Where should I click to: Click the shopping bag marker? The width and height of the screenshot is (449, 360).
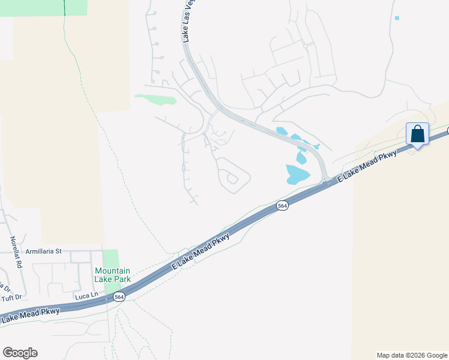(417, 134)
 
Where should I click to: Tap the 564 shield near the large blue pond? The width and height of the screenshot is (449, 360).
(282, 206)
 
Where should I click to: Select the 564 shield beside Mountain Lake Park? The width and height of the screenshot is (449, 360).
(119, 297)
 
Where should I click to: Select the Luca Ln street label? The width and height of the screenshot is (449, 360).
(86, 295)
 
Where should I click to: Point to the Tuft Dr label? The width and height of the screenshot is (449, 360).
(11, 297)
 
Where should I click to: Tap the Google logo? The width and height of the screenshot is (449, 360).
(20, 353)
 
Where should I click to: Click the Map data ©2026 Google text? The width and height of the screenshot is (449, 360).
(412, 355)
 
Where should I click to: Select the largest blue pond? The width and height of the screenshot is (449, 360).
(297, 174)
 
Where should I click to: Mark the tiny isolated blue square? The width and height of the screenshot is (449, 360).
(397, 18)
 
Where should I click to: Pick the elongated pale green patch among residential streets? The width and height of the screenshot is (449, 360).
(156, 98)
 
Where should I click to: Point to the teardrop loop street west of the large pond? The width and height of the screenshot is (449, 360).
(233, 175)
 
